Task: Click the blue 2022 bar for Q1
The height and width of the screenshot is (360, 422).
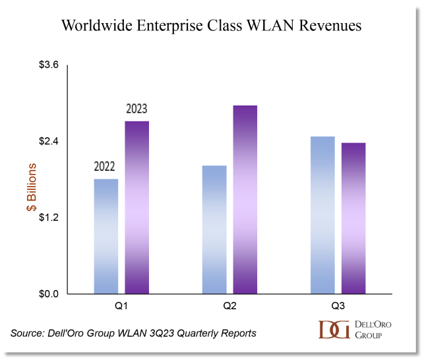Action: [106, 236]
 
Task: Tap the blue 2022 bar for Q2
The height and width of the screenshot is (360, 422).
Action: [214, 229]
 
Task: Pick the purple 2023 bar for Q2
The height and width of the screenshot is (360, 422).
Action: [244, 199]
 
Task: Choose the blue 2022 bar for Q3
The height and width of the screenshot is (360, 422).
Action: [322, 215]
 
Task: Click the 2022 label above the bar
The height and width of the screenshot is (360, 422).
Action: [106, 166]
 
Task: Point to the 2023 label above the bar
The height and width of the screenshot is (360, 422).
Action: [136, 109]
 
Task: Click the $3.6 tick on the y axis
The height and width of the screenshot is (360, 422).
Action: [47, 65]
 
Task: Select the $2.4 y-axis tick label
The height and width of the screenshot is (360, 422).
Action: [47, 142]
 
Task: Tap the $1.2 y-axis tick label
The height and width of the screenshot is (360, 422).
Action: [47, 218]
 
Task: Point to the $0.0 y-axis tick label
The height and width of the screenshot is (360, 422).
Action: [47, 294]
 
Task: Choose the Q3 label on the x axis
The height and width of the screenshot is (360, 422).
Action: [338, 307]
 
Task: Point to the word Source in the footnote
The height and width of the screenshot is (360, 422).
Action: [27, 333]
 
